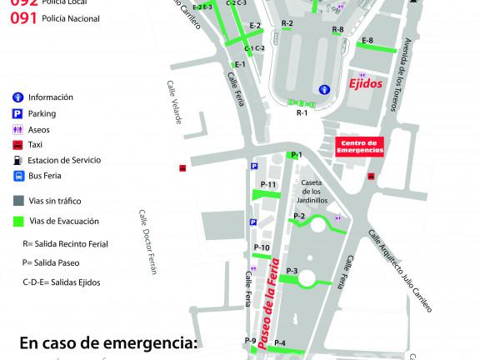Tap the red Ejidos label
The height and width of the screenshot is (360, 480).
click(x=366, y=85)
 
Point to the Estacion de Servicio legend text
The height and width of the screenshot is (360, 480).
click(x=63, y=159)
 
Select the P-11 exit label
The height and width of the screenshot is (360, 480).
click(x=268, y=184)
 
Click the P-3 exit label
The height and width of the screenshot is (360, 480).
click(x=292, y=271)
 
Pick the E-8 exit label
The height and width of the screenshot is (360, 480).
click(x=367, y=41)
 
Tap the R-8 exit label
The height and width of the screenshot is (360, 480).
click(x=337, y=30)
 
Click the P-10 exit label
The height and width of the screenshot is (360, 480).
click(x=261, y=247)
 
